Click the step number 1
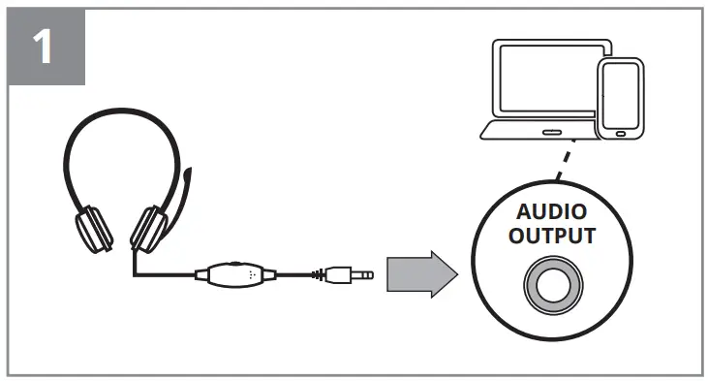46,48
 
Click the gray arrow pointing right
420,274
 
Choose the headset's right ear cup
148,229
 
